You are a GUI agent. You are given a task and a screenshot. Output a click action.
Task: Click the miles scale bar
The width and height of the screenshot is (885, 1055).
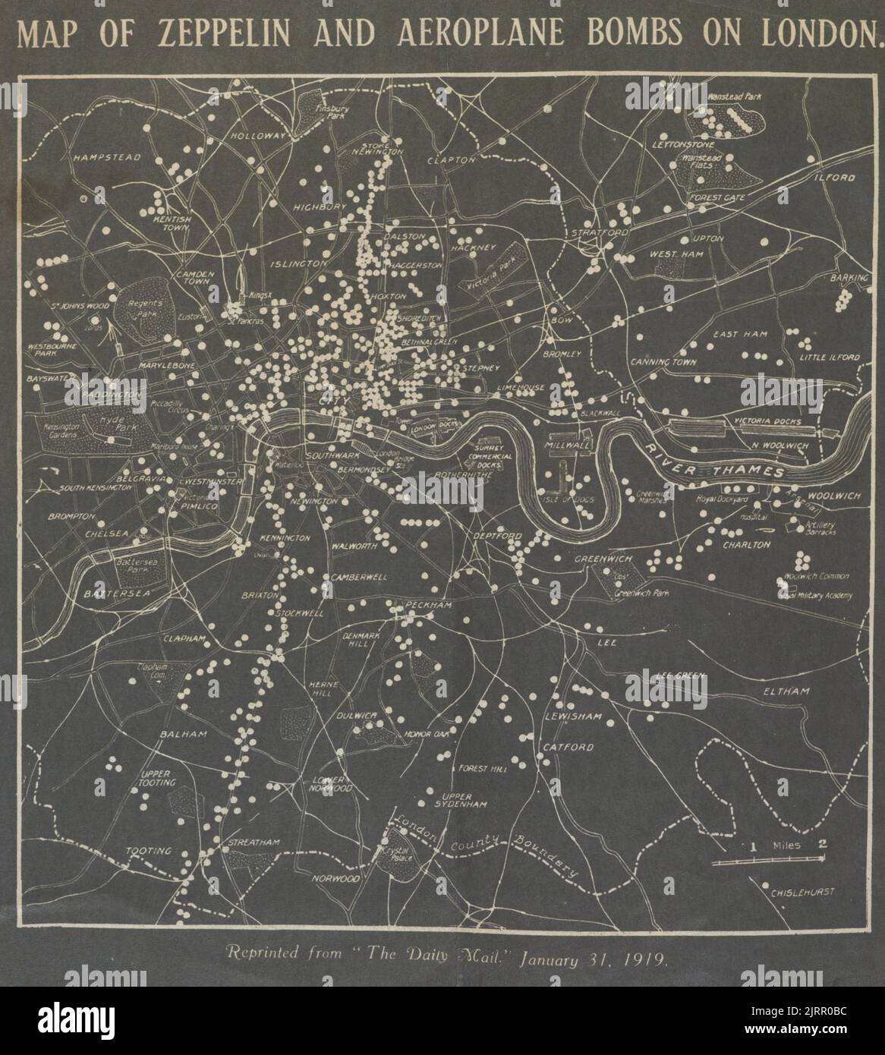769,859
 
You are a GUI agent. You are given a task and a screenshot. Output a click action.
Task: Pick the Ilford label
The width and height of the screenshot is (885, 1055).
836,178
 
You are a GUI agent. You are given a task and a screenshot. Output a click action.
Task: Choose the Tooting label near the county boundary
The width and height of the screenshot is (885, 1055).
149,851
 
